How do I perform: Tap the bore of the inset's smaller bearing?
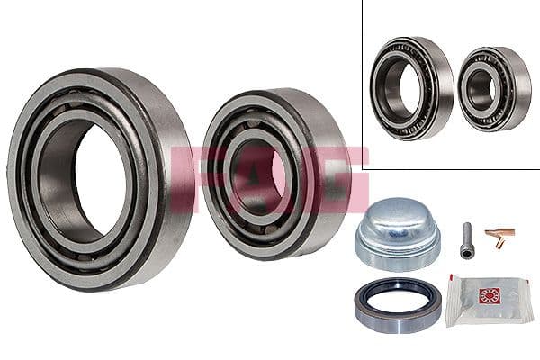(x=482, y=89)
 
